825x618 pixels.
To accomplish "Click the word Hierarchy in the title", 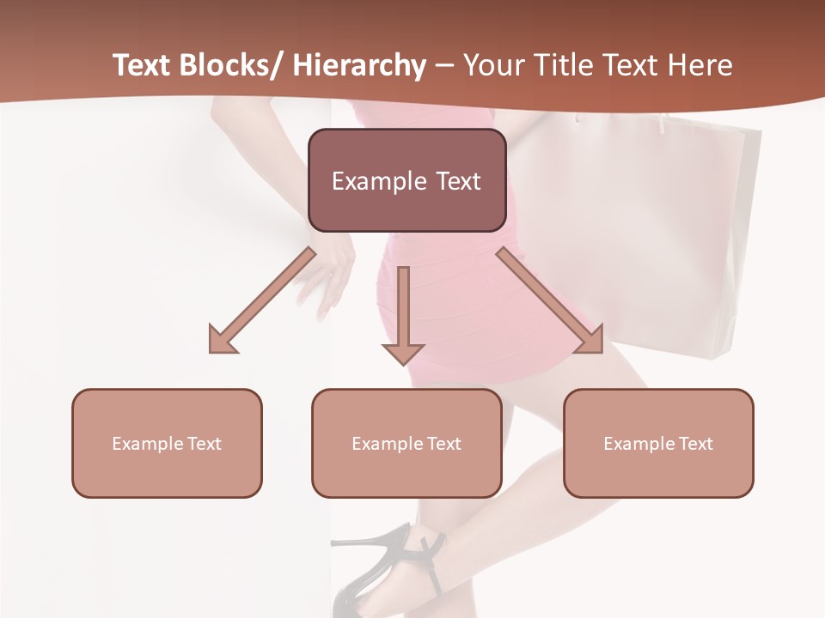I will click(x=358, y=66).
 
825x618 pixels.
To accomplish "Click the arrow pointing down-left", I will click(x=262, y=300).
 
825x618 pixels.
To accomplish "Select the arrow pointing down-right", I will click(x=550, y=300).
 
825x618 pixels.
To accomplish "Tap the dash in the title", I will click(x=444, y=66).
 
